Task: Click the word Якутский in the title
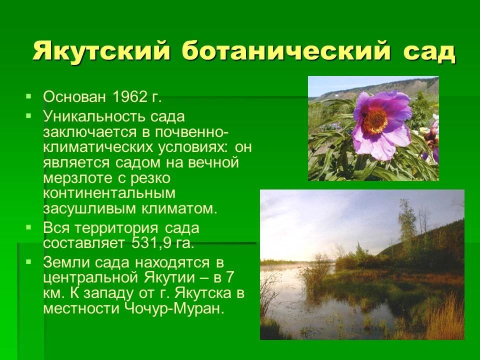[x=101, y=51]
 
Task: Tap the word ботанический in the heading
[x=286, y=51]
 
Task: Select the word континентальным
[x=109, y=193]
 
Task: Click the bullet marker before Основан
[x=29, y=96]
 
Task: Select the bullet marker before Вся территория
[x=29, y=227]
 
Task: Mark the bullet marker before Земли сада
[x=29, y=261]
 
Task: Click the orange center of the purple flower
[x=375, y=121]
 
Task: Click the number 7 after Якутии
[x=229, y=277]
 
